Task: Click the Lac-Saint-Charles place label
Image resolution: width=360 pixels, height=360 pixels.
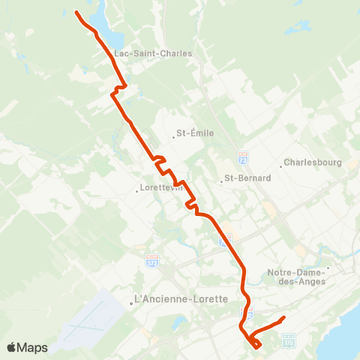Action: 153,54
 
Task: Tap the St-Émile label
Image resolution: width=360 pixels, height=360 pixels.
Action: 195,133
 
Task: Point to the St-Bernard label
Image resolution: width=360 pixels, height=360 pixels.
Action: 247,179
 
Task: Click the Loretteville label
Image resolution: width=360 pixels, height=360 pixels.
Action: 163,189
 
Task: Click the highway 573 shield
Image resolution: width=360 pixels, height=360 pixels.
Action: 151,258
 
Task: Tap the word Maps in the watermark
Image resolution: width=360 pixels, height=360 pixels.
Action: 34,347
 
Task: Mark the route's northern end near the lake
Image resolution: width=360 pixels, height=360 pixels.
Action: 76,11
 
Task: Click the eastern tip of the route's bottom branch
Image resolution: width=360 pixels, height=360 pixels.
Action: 283,319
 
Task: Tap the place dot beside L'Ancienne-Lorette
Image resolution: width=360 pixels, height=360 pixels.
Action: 131,304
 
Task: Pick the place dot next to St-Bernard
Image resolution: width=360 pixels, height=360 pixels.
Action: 220,180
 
